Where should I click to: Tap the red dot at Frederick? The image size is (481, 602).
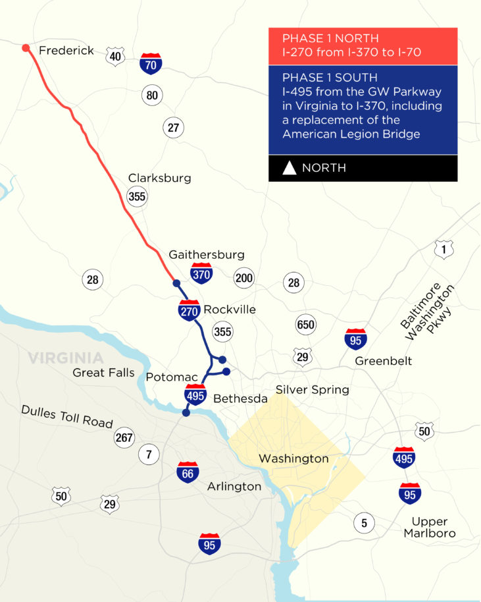25,48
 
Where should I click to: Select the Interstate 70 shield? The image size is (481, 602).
151,63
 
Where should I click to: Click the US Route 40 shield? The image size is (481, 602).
115,57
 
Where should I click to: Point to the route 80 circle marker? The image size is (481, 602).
152,96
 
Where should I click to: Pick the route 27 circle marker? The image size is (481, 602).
173,128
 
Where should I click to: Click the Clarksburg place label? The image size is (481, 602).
159,178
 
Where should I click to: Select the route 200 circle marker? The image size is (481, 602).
243,279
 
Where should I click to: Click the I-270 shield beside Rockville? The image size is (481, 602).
189,310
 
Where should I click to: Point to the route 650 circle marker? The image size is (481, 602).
306,324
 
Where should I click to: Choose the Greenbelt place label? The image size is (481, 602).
383,361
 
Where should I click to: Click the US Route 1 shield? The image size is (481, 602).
443,249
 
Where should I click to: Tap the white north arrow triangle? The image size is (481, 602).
289,168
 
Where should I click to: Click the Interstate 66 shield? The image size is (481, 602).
188,472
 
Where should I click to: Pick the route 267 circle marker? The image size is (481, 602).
124,437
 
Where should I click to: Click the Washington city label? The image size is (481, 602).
293,458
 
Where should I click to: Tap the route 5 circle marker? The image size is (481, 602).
364,523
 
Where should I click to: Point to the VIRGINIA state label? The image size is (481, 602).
65,358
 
